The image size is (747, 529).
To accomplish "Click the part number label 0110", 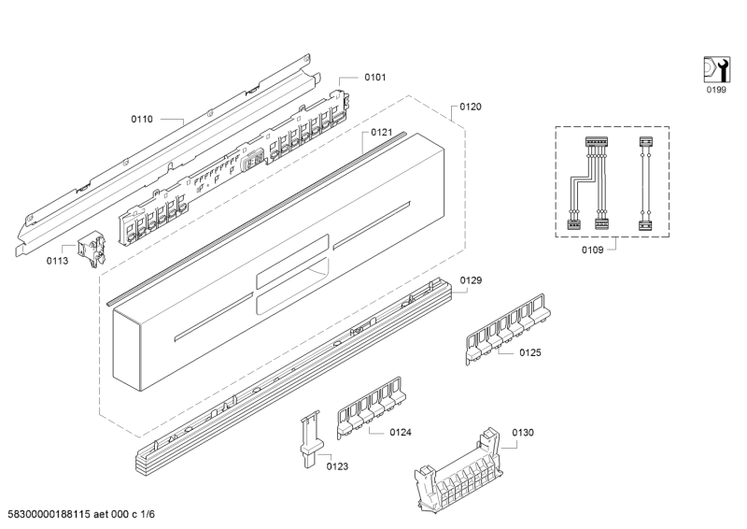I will pyautogui.click(x=142, y=120).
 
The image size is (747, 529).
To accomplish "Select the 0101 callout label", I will pyautogui.click(x=375, y=77).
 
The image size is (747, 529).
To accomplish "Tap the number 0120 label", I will pyautogui.click(x=471, y=107).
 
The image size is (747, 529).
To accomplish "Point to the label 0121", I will pyautogui.click(x=381, y=133).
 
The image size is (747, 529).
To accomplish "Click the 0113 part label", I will pyautogui.click(x=57, y=262).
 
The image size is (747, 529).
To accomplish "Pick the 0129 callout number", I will pyautogui.click(x=471, y=280).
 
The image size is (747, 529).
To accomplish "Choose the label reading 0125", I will pyautogui.click(x=530, y=353).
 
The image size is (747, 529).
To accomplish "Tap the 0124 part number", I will pyautogui.click(x=401, y=432).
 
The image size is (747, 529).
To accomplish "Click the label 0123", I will pyautogui.click(x=337, y=465).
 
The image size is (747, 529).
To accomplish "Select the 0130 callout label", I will pyautogui.click(x=523, y=432).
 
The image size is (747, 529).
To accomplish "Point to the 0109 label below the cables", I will pyautogui.click(x=592, y=250).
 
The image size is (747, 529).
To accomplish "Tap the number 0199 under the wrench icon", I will pyautogui.click(x=715, y=92).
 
